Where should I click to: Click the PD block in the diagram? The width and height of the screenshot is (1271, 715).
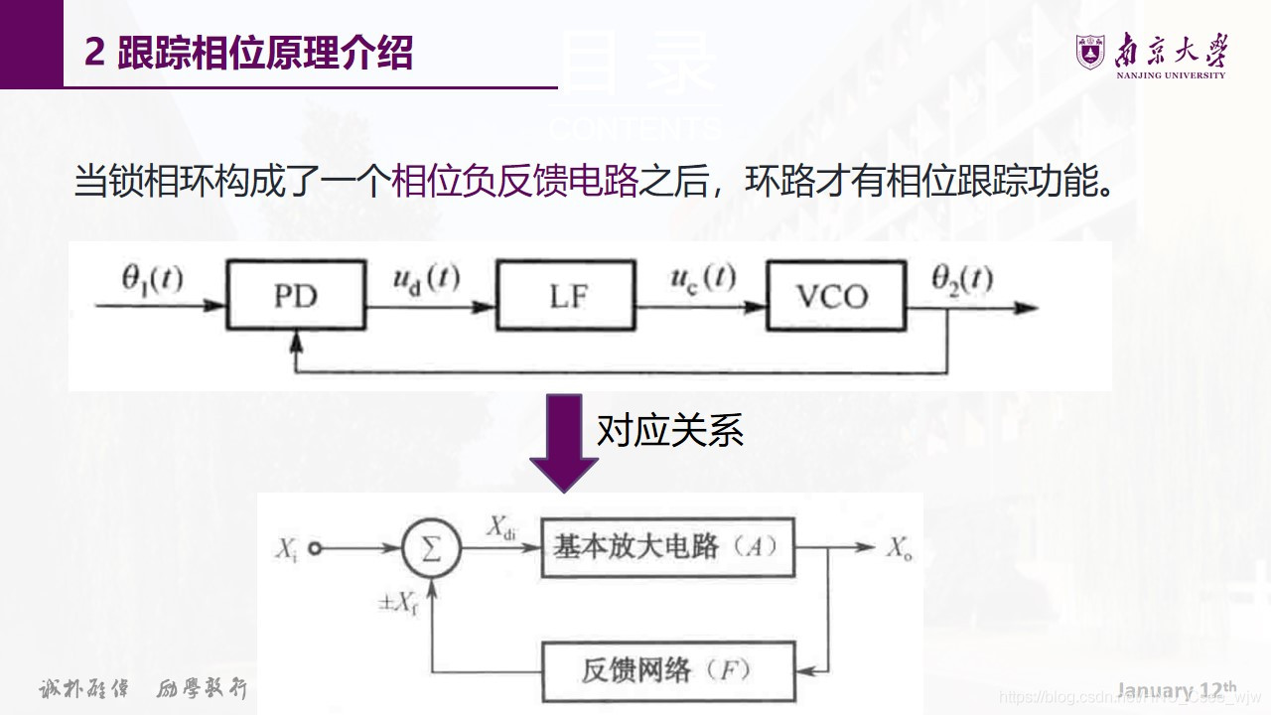pyautogui.click(x=294, y=296)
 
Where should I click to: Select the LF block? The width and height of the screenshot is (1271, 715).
pyautogui.click(x=567, y=296)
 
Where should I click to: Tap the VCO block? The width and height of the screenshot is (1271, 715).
pyautogui.click(x=836, y=296)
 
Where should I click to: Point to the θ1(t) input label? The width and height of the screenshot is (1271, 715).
pyautogui.click(x=152, y=279)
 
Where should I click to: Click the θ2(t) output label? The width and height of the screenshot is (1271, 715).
pyautogui.click(x=961, y=279)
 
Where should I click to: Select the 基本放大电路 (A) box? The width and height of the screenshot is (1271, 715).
pyautogui.click(x=667, y=547)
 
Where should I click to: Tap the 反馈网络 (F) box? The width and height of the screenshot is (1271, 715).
pyautogui.click(x=667, y=670)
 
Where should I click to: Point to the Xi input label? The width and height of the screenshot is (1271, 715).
pyautogui.click(x=288, y=549)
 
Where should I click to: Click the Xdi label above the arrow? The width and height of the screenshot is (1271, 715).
pyautogui.click(x=501, y=527)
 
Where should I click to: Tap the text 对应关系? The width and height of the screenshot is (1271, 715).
pyautogui.click(x=669, y=431)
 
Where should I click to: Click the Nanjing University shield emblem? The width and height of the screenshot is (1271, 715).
pyautogui.click(x=1090, y=52)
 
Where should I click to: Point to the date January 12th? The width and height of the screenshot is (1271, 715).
pyautogui.click(x=1177, y=689)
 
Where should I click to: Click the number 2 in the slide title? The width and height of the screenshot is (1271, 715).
pyautogui.click(x=95, y=53)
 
